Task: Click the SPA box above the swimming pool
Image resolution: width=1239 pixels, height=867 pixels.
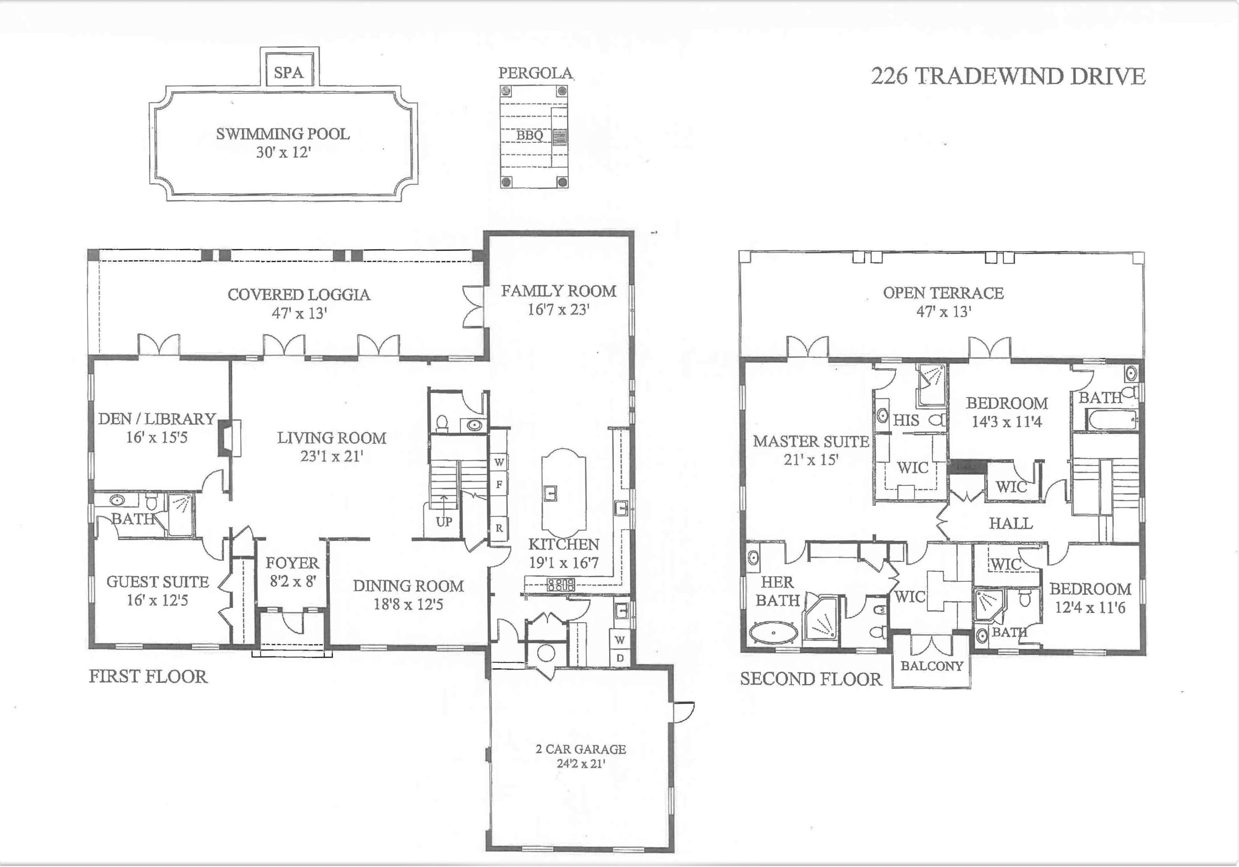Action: click(289, 72)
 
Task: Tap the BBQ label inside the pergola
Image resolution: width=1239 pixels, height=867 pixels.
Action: click(529, 135)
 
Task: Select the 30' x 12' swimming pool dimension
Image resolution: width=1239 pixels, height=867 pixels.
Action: click(283, 153)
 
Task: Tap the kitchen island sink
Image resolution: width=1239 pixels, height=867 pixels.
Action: click(551, 493)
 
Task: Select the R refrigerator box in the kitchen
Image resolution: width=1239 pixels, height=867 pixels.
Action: click(499, 528)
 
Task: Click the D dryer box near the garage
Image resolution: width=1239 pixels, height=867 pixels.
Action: click(620, 658)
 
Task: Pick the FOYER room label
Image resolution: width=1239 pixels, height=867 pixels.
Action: click(292, 563)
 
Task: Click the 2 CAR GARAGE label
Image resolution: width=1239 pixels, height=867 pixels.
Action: click(581, 749)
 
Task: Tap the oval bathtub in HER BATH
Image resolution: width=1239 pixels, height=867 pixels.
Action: click(773, 633)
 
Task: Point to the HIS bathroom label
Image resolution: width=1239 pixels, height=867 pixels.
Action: click(906, 420)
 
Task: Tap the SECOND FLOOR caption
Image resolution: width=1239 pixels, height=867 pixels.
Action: click(811, 679)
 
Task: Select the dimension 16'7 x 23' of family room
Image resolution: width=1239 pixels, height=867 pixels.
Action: click(558, 310)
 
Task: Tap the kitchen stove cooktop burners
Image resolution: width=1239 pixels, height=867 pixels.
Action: click(561, 584)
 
